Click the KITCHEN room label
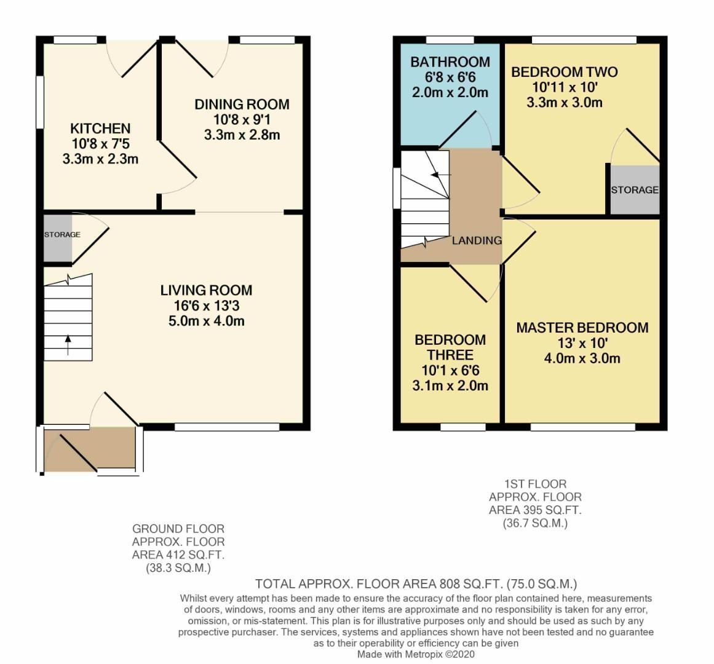(x=100, y=128)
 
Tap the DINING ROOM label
(x=242, y=104)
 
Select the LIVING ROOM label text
(x=206, y=290)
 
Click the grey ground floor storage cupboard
(x=58, y=237)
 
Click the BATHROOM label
(x=450, y=62)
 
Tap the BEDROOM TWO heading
(x=565, y=72)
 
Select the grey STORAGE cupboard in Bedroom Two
(x=635, y=190)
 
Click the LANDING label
(x=477, y=240)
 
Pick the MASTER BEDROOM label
(x=582, y=328)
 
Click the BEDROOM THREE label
(x=450, y=347)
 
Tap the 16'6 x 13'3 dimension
(x=206, y=306)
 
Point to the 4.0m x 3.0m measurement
(x=582, y=358)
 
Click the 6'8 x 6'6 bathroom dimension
(x=450, y=77)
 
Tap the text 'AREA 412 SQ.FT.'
(x=178, y=555)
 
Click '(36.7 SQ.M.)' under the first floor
(x=535, y=523)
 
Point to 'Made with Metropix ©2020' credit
(x=416, y=654)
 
